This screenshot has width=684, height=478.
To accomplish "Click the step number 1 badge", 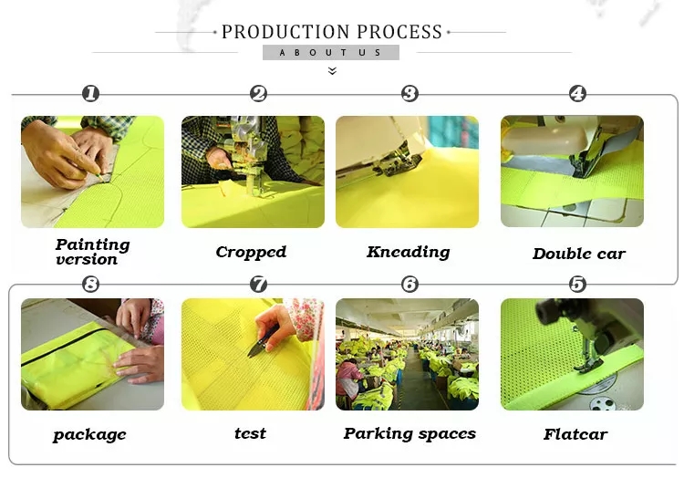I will pos(90,93).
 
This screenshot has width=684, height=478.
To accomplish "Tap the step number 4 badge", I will pos(577,93).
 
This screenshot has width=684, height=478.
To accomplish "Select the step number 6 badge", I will pos(409,284).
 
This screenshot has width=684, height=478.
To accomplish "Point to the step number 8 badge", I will pos(90,284).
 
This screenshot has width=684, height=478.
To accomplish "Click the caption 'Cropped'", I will pos(251,253).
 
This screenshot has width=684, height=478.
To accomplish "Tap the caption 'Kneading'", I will pos(408,252).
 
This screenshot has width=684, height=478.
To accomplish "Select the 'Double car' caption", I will pos(578,254).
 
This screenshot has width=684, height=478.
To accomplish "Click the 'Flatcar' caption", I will pos(575,434).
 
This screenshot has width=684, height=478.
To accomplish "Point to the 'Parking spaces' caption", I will pos(409,434).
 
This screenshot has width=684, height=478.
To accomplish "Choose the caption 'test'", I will pos(250,434).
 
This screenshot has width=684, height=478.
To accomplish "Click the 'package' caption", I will pos(89,435).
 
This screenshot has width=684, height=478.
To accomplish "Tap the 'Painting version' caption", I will pos(92,251).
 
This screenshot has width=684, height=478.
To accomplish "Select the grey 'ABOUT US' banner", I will pos(330,53).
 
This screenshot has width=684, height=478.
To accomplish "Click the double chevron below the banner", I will pos(332,70).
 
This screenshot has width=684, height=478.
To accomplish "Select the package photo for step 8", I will pos(92,354).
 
